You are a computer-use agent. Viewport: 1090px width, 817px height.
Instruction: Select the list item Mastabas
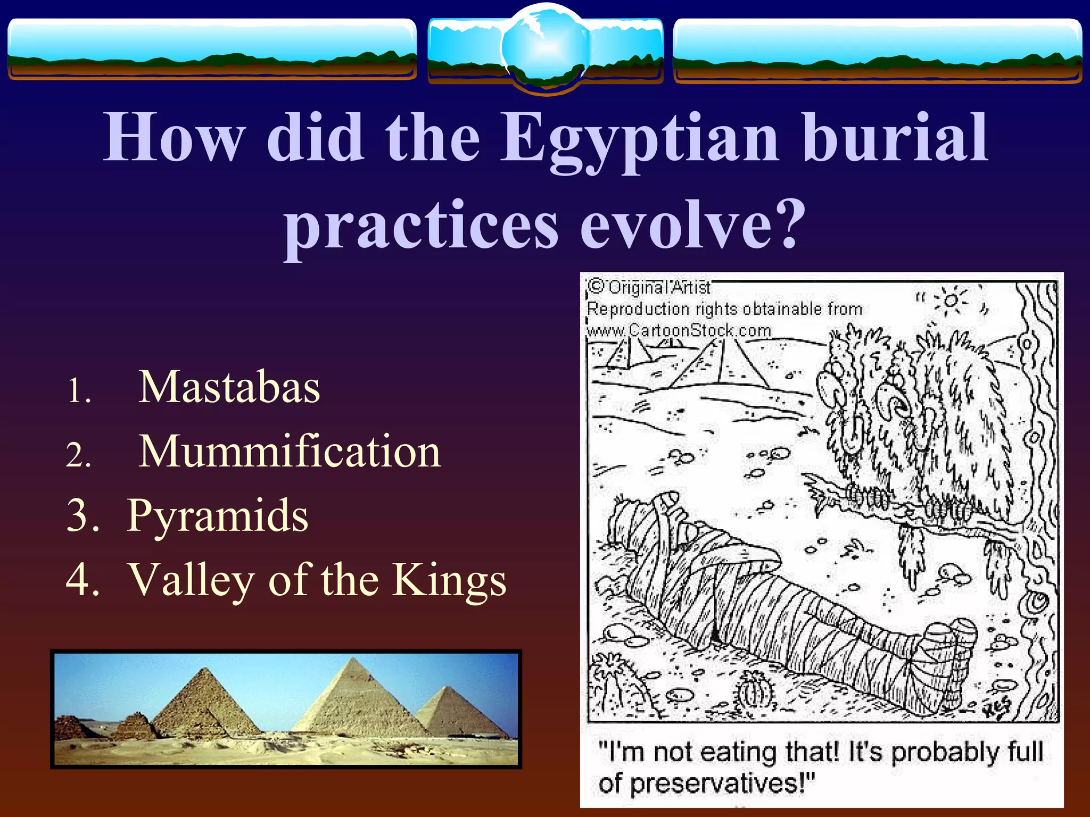point(229,387)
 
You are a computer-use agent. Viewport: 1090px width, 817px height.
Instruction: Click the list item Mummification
point(290,452)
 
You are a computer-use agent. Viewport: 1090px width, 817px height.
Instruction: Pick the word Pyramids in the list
point(218,515)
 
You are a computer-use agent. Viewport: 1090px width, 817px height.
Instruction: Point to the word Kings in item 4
point(449,580)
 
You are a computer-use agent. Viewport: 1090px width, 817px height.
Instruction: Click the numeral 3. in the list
point(82,516)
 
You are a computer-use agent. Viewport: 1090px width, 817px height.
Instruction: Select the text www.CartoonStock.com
point(679,331)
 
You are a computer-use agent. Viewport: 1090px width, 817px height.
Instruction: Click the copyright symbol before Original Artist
point(596,287)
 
